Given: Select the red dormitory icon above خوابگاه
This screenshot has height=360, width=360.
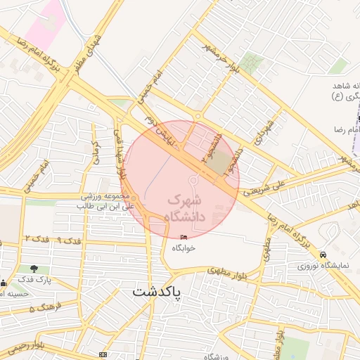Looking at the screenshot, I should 185,238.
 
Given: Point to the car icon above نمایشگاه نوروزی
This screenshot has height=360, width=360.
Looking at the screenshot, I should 323,255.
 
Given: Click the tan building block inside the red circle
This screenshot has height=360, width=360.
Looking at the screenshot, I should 220,162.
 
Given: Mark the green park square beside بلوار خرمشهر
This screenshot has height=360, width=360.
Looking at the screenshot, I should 251,65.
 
